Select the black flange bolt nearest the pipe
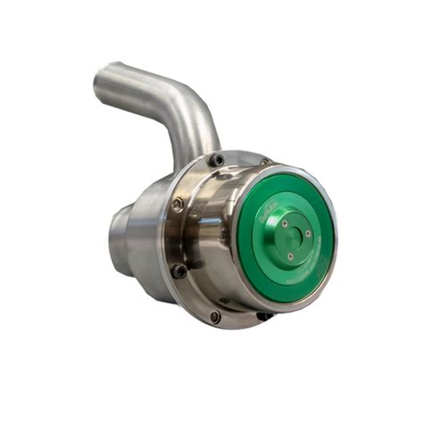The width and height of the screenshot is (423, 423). tap(215, 160)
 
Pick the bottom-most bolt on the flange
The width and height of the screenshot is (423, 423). tap(214, 315)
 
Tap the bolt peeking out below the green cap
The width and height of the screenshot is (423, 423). tap(264, 315)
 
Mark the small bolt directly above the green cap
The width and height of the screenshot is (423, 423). tap(266, 162)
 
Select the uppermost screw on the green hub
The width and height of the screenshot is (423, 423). tap(284, 224)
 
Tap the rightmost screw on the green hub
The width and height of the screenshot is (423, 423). tap(307, 235)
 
